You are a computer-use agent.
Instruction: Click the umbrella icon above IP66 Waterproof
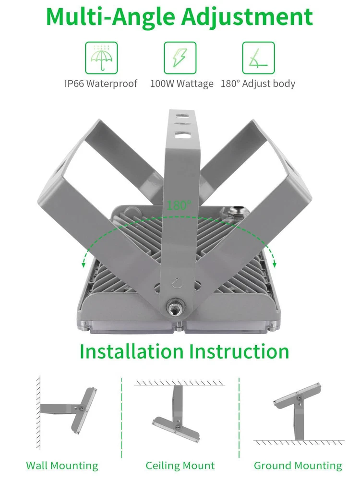[x=101, y=58]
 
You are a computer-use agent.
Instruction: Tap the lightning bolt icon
[x=180, y=58]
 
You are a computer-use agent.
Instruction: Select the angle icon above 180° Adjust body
[x=258, y=58]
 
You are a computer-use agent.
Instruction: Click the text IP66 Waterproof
[x=101, y=84]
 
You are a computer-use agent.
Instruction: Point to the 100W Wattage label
[x=181, y=84]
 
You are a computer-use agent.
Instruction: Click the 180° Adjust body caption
[x=258, y=84]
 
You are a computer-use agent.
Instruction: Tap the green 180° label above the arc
[x=179, y=205]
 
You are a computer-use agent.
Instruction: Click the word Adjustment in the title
[x=247, y=17]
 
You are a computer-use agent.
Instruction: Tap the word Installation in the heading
[x=132, y=351]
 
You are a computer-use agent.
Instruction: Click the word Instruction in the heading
[x=239, y=351]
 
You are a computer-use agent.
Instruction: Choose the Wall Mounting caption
[x=62, y=466]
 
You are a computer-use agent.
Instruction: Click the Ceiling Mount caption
[x=180, y=466]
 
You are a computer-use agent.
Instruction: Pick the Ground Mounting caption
[x=298, y=466]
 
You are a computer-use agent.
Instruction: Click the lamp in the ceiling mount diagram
[x=176, y=428]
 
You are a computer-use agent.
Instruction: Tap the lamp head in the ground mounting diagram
[x=297, y=396]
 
